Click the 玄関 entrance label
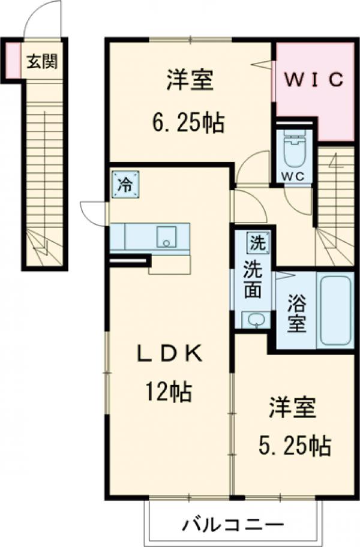point(41,60)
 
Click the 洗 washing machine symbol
point(256,244)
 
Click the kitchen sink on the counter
point(165,236)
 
